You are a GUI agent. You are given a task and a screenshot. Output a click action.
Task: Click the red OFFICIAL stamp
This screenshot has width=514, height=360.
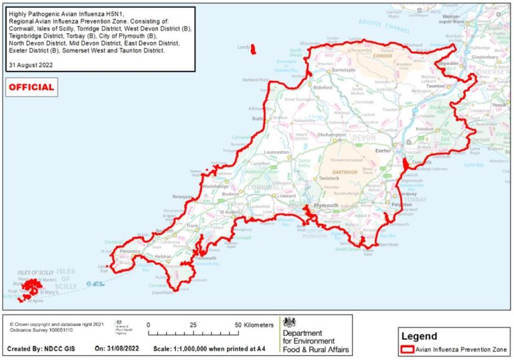(31, 87)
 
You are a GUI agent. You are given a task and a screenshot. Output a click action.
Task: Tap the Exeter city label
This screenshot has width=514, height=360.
(383, 151)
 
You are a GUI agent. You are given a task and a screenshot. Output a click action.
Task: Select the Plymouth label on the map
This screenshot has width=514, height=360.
(326, 205)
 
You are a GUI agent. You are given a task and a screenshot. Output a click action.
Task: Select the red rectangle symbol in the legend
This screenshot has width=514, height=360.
(406, 349)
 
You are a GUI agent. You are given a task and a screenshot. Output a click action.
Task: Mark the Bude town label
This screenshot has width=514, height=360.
(258, 118)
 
